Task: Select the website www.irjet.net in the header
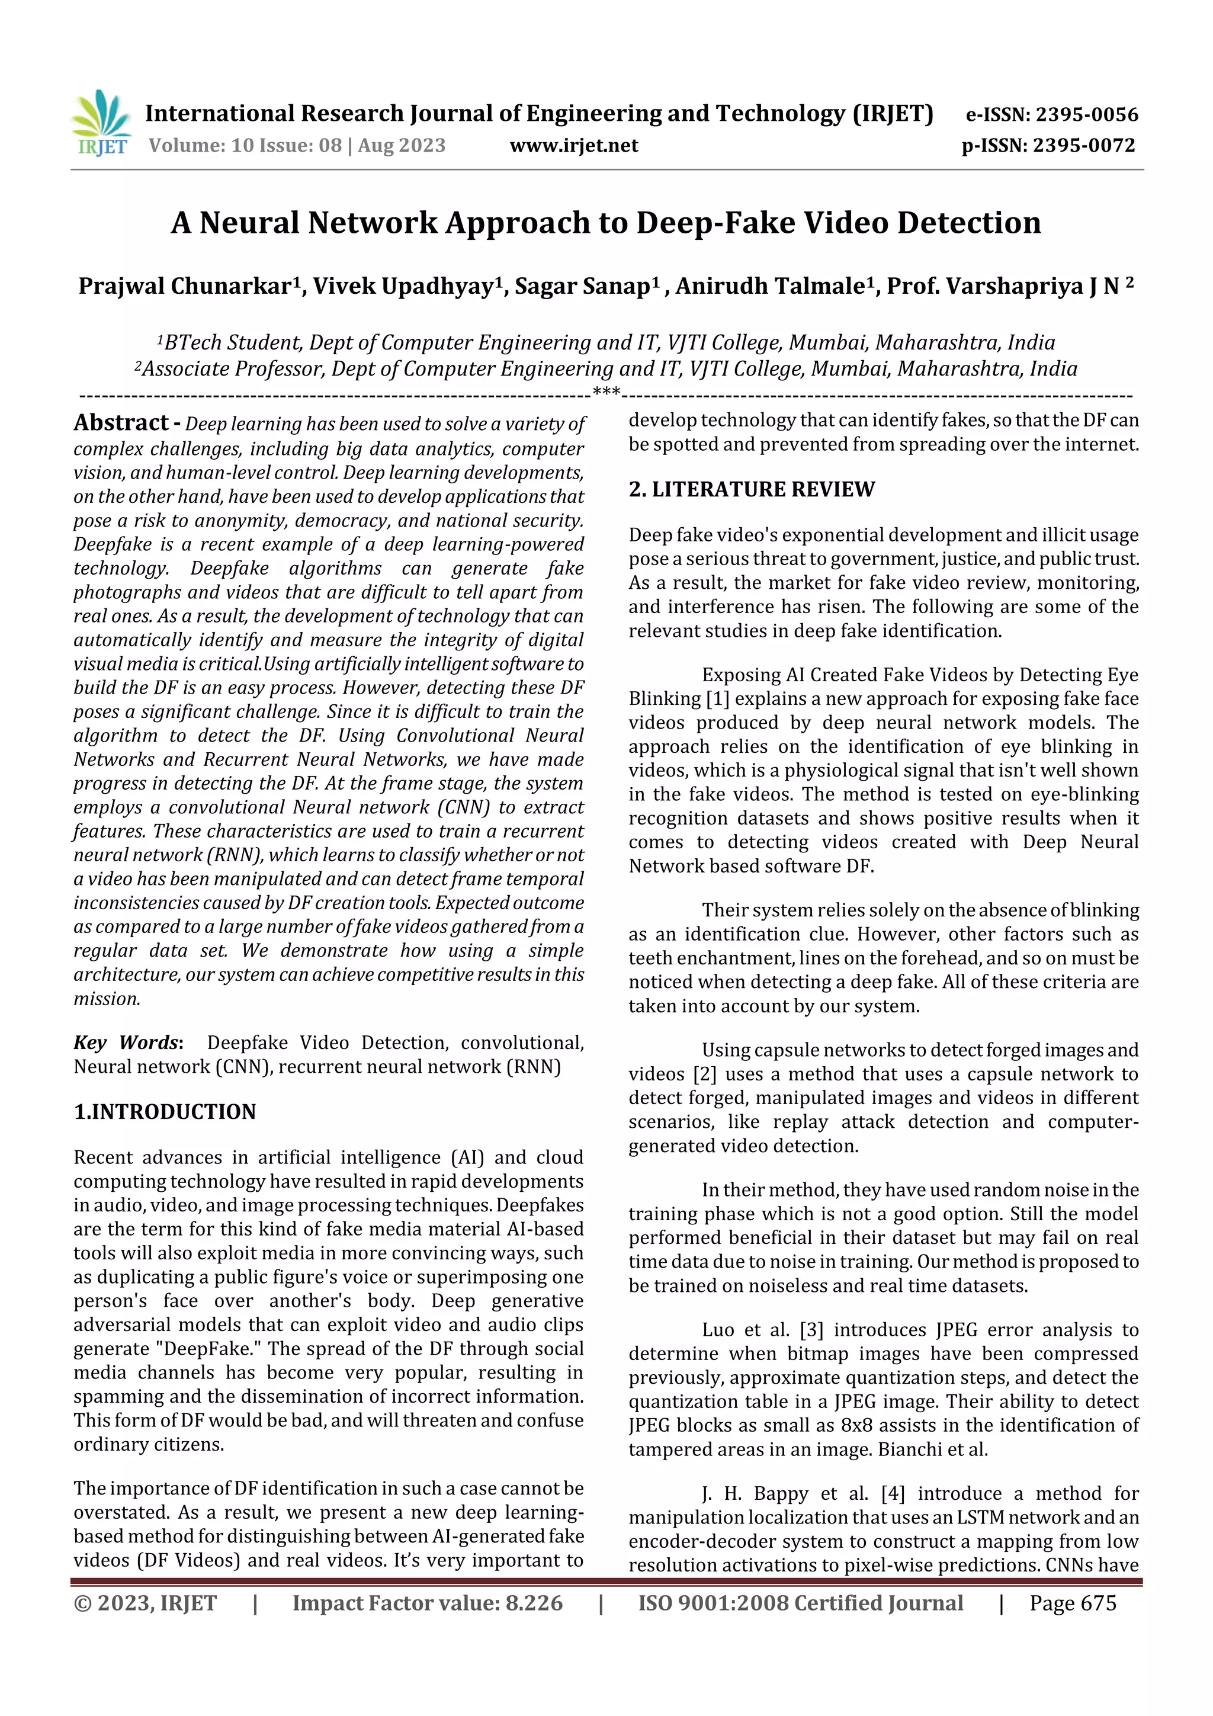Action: pyautogui.click(x=573, y=146)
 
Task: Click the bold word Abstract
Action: pyautogui.click(x=121, y=423)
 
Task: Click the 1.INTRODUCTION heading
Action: pyautogui.click(x=165, y=1112)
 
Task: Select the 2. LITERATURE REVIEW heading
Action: pyautogui.click(x=751, y=489)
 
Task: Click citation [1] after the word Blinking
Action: pyautogui.click(x=714, y=699)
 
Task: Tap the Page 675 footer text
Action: pyautogui.click(x=1073, y=1603)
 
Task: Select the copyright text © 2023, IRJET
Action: pyautogui.click(x=145, y=1603)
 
